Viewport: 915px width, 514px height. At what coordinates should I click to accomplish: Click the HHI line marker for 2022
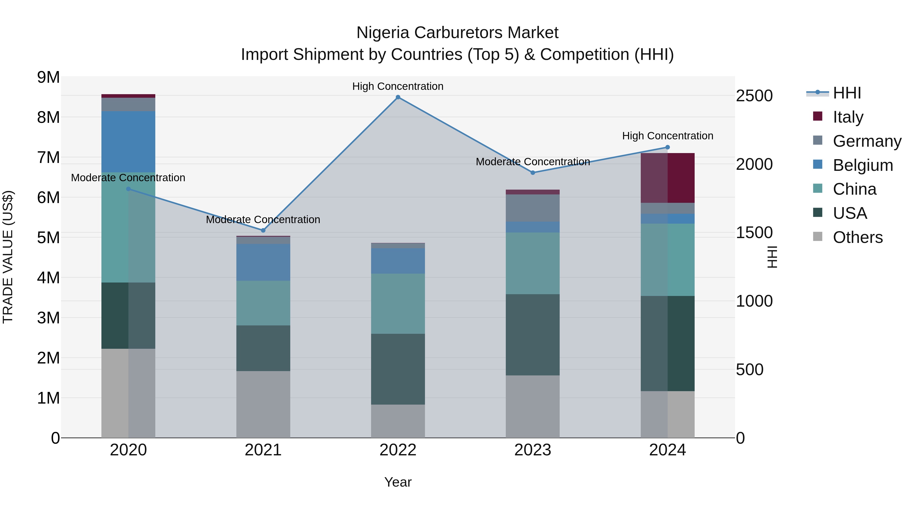(398, 97)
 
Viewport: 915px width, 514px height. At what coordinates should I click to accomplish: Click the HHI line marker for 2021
(263, 230)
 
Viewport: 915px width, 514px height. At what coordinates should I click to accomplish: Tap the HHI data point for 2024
(667, 147)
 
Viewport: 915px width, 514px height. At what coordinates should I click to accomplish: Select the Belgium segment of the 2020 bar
(128, 142)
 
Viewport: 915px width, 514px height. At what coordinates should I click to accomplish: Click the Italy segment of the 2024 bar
(667, 178)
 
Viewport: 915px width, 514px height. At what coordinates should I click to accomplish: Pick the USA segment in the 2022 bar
(398, 369)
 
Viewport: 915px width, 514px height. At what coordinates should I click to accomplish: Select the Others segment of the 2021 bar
(263, 404)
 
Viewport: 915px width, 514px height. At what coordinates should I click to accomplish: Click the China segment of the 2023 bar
(532, 263)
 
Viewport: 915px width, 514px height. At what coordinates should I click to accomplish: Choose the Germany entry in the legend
(867, 141)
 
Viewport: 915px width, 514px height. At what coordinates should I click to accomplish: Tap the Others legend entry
(858, 237)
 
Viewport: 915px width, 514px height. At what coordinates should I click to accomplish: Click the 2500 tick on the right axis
(754, 96)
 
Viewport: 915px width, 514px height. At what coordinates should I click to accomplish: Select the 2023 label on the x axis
(532, 450)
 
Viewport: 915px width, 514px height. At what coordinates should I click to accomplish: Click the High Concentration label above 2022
(398, 86)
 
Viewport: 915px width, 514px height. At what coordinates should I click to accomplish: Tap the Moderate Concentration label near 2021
(263, 220)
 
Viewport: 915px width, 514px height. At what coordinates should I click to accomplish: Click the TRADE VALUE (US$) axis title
(8, 257)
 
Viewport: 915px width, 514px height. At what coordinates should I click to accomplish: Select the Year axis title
(398, 482)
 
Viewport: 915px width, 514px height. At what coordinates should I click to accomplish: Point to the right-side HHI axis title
(773, 257)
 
